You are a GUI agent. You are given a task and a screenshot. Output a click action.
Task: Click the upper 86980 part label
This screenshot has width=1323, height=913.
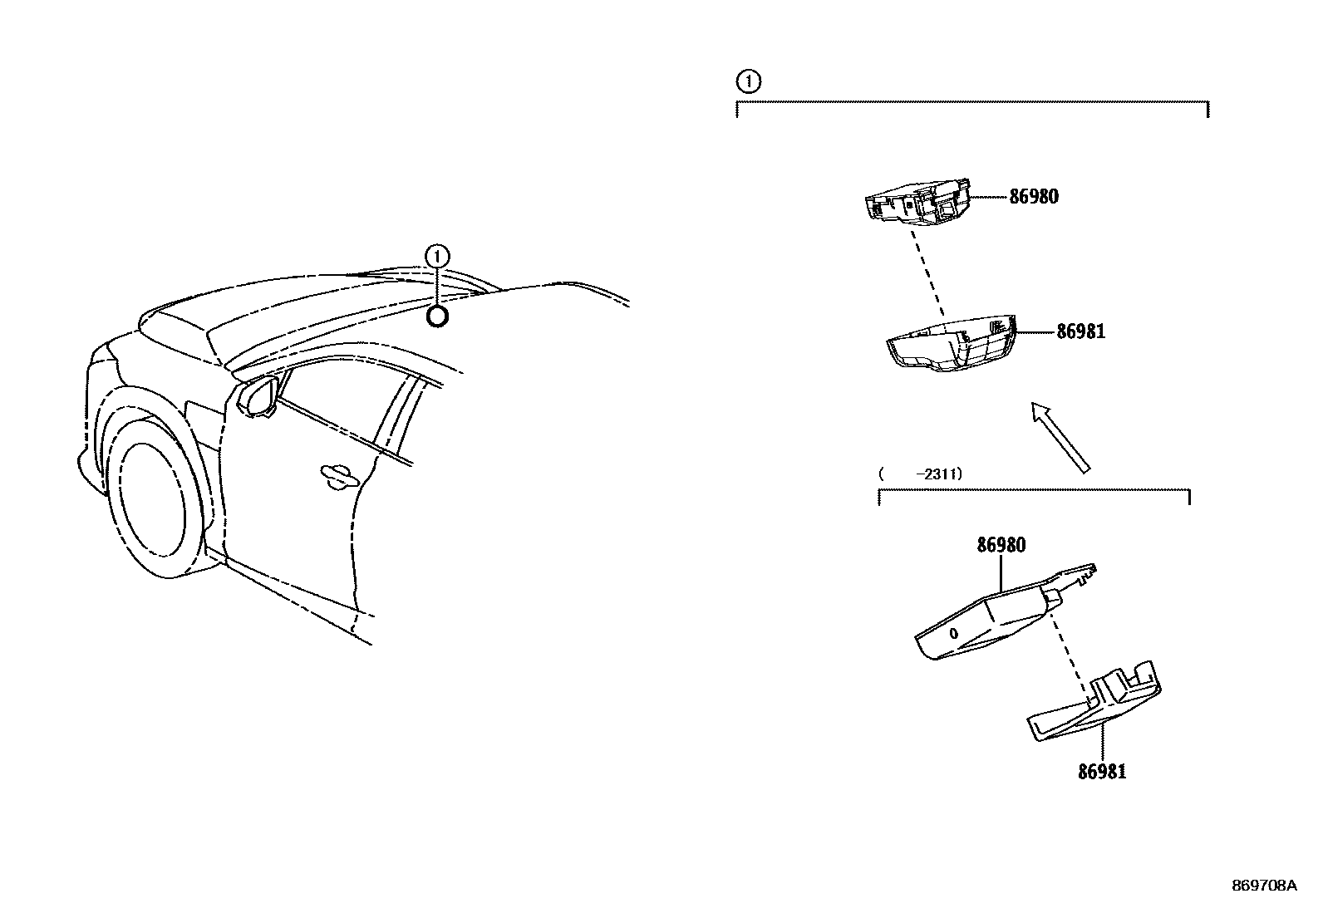click(x=1034, y=198)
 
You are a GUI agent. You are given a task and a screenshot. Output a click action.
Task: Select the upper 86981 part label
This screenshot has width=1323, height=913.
click(x=1080, y=331)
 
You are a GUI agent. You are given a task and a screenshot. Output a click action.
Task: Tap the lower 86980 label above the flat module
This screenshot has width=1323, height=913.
click(x=1001, y=546)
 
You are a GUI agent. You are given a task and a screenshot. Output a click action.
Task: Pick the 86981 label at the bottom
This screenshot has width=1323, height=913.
click(x=1102, y=772)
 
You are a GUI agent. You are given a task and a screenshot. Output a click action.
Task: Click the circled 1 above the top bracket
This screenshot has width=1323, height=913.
click(x=749, y=81)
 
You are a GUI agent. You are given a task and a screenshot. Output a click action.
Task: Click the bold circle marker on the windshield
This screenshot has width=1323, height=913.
click(x=437, y=317)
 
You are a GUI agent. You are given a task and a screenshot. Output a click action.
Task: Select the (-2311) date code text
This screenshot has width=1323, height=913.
click(x=921, y=474)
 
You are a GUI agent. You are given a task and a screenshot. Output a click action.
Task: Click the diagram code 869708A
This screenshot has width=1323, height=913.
click(x=1264, y=886)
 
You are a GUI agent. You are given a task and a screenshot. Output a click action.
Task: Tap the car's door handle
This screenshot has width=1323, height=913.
click(x=339, y=474)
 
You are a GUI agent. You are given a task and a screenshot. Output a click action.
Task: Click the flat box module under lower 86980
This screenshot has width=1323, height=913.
click(x=981, y=623)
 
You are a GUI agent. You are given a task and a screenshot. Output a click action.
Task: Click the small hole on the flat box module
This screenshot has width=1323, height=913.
click(x=954, y=634)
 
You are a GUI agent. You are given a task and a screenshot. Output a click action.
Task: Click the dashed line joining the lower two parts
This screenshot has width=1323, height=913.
click(x=1070, y=648)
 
